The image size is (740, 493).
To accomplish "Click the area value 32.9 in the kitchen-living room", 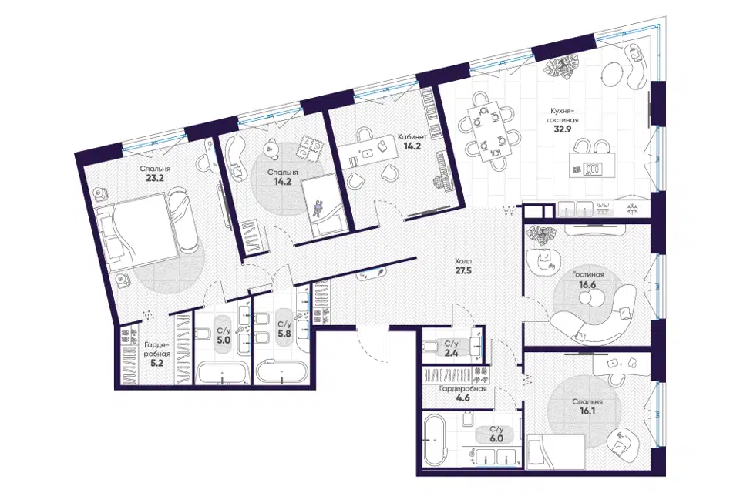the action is pyautogui.click(x=563, y=129).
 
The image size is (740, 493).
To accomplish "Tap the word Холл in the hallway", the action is pyautogui.click(x=463, y=261).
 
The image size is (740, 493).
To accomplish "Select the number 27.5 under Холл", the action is pyautogui.click(x=463, y=271).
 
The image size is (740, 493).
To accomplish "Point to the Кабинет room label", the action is pyautogui.click(x=412, y=137).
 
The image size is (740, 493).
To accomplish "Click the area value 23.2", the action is pyautogui.click(x=155, y=179).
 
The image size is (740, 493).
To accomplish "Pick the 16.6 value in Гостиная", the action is pyautogui.click(x=588, y=284).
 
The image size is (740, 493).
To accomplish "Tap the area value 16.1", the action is pyautogui.click(x=587, y=411).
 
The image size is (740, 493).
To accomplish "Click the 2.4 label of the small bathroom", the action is pyautogui.click(x=451, y=352).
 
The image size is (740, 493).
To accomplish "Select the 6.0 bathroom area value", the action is pyautogui.click(x=496, y=439).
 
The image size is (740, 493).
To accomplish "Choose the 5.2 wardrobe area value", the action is pyautogui.click(x=155, y=364).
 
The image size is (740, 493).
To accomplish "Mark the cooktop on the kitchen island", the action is pyautogui.click(x=592, y=167).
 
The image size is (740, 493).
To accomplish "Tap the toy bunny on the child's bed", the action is pyautogui.click(x=318, y=208).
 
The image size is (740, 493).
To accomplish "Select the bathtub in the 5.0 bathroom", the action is pyautogui.click(x=222, y=373).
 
